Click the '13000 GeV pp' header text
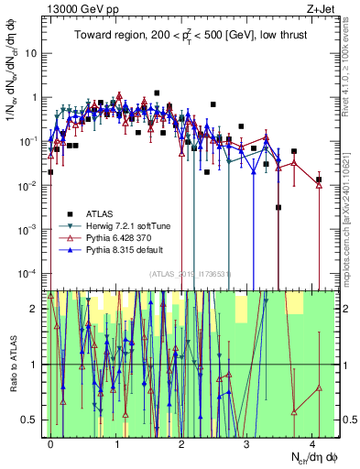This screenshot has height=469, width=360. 76,7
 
